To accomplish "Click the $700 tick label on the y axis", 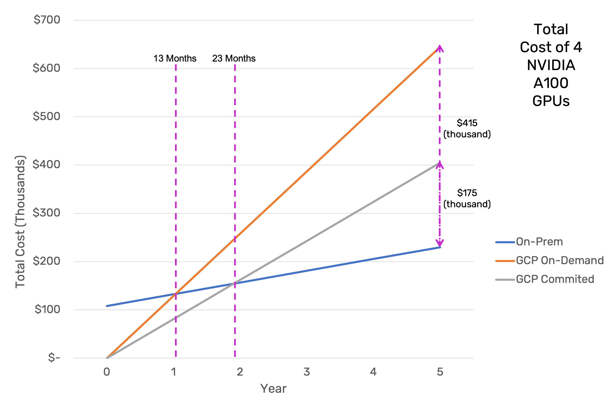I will (x=47, y=20).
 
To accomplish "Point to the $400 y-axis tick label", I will (x=46, y=164).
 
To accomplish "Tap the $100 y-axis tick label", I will (x=47, y=309).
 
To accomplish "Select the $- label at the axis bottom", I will (x=54, y=357).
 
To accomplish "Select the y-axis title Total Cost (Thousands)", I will (x=20, y=222).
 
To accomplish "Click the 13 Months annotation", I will (x=175, y=58).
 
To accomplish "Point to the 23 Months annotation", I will (x=234, y=58).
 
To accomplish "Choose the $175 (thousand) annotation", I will (x=467, y=198).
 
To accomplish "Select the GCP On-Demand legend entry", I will (x=560, y=260).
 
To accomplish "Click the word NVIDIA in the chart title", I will (x=551, y=65).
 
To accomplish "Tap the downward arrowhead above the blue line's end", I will (x=440, y=243).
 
